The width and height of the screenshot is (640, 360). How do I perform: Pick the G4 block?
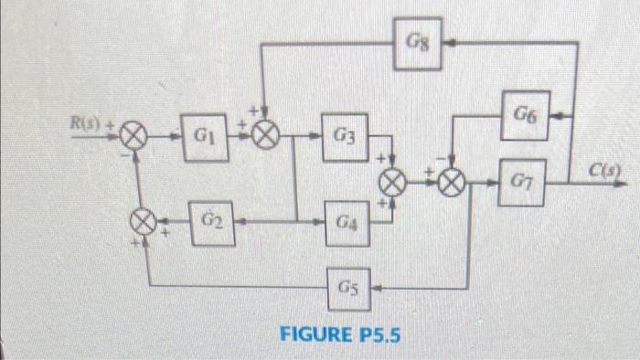coord(346,222)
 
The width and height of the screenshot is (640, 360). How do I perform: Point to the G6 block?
coord(525,115)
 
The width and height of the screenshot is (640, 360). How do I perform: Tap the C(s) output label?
coord(604,169)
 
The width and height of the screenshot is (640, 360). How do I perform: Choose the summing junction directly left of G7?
coord(451,181)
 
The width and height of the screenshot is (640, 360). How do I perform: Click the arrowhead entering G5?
coord(377,286)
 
